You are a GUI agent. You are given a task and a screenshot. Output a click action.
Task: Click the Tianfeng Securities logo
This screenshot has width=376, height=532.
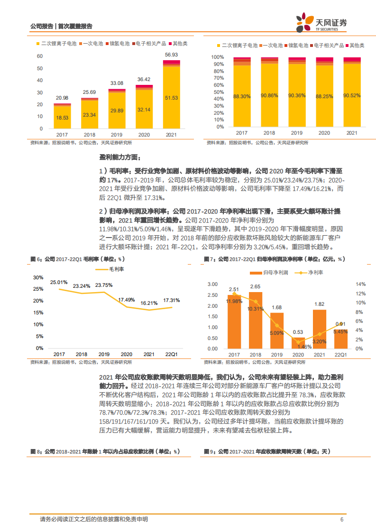(321, 22)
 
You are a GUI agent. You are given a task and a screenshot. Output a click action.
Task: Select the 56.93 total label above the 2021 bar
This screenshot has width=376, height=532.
(171, 55)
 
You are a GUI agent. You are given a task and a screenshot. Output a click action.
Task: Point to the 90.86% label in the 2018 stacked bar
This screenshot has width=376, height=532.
(269, 95)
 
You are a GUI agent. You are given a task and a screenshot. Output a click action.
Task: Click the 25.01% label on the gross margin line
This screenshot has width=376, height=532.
(59, 283)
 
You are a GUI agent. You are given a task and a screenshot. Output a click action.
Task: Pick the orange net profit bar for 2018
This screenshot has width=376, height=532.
(256, 320)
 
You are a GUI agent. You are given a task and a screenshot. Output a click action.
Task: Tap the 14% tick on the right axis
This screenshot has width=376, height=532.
(360, 284)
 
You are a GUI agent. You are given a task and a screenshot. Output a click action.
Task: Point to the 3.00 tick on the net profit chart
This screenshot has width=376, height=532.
(212, 284)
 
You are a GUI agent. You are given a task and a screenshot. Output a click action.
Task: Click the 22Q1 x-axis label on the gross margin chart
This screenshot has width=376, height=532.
(171, 354)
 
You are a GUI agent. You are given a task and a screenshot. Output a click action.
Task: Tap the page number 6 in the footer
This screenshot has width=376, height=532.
(341, 519)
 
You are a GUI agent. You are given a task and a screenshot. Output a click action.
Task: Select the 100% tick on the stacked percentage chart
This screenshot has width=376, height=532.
(218, 56)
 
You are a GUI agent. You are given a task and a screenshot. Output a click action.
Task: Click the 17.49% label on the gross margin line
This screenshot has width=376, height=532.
(127, 300)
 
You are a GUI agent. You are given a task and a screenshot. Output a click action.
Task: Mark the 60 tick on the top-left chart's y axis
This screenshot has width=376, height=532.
(40, 56)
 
